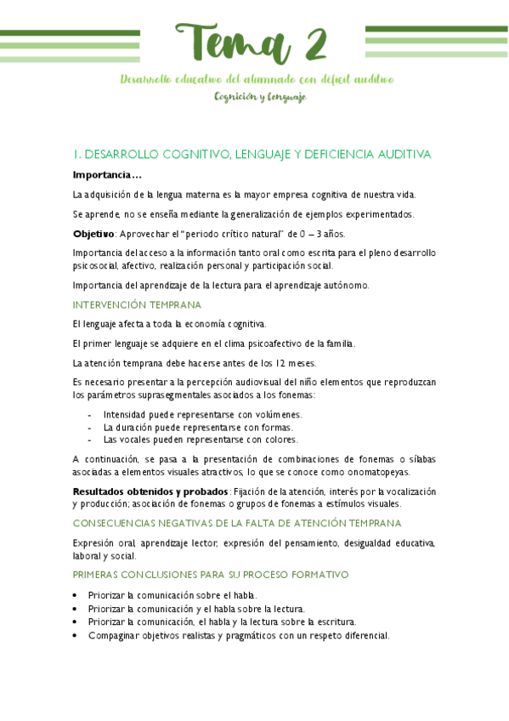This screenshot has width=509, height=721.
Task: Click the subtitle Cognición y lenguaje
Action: (x=260, y=97)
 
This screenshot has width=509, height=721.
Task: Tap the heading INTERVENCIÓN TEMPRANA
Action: (x=137, y=304)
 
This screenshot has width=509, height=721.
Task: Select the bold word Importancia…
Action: (x=106, y=175)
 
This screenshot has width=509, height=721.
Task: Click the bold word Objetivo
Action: (x=93, y=234)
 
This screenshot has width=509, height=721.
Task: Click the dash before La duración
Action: (x=90, y=427)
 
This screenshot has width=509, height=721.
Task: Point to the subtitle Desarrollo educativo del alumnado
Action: (x=255, y=79)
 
